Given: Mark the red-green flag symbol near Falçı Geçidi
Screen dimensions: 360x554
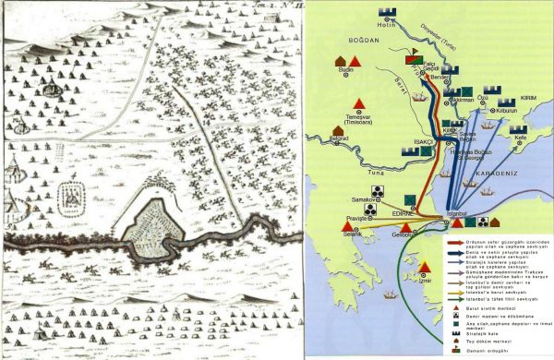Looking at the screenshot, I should (x=413, y=59).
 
